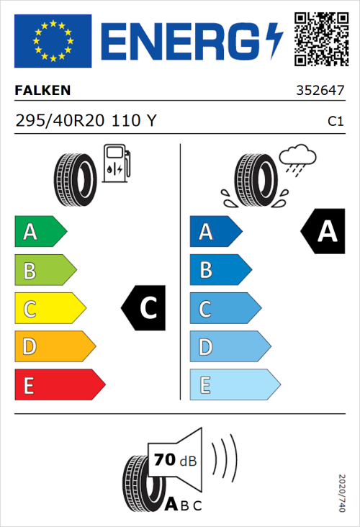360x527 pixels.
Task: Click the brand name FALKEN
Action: pos(42,91)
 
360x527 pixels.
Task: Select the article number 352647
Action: pos(320,91)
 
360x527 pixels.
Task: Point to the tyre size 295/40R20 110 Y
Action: pos(85,121)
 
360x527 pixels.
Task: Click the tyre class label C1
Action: pos(335,122)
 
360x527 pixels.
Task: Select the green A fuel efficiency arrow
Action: pos(40,232)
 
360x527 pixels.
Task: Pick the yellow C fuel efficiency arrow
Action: pos(49,309)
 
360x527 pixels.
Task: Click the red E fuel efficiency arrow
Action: pos(59,385)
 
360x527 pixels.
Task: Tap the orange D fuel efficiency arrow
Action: pos(54,347)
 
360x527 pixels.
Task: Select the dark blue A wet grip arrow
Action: pos(215,232)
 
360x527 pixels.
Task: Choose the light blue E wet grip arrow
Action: pos(234,385)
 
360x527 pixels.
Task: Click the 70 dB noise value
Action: pos(172,460)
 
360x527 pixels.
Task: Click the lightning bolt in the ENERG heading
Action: pos(273,41)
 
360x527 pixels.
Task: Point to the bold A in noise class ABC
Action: pos(172,505)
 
